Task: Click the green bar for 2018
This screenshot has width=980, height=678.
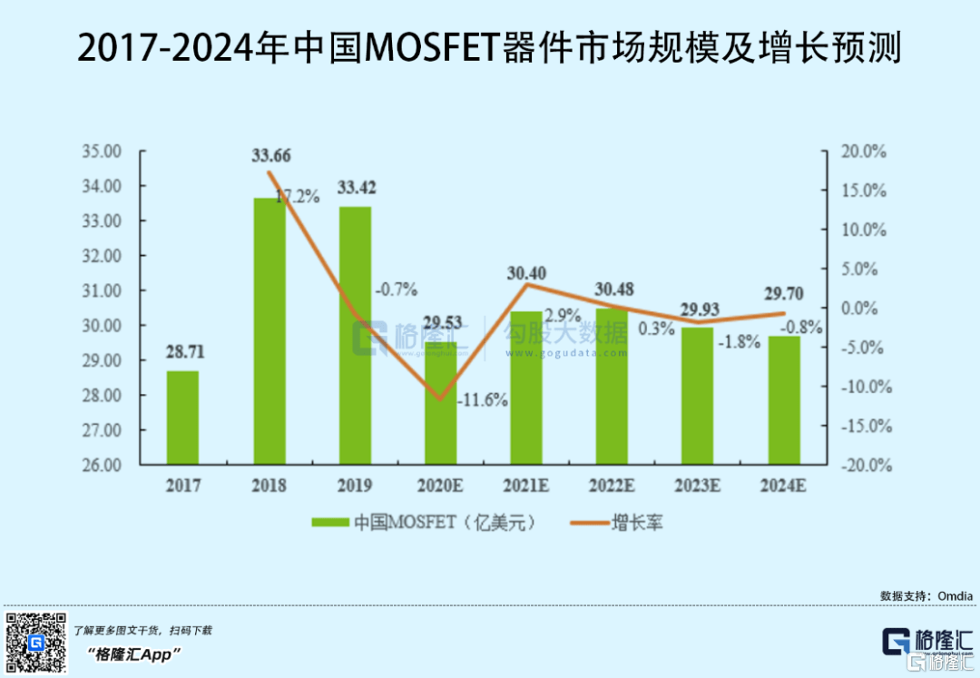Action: (269, 331)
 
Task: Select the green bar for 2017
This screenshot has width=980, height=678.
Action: (182, 418)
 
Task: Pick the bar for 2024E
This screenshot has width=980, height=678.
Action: (784, 400)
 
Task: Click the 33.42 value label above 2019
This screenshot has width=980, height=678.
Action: (357, 189)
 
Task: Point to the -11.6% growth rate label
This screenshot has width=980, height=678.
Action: (483, 399)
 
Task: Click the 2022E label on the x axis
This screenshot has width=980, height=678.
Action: (612, 486)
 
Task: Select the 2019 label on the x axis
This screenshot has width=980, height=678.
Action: (355, 486)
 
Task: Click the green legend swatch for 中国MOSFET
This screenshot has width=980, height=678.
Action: (329, 523)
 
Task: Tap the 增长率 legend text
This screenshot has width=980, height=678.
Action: (637, 523)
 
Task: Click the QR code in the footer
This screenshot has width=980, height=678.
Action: (36, 643)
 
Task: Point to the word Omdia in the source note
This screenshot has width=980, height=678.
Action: (954, 595)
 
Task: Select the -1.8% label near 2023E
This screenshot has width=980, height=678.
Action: (739, 343)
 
